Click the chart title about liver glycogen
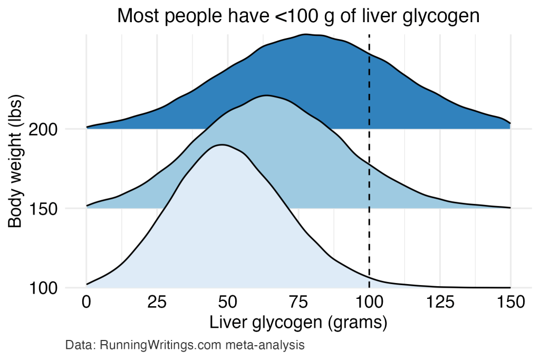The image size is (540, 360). click(x=298, y=16)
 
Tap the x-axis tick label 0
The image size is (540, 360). click(x=86, y=303)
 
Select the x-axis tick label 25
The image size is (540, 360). click(x=157, y=303)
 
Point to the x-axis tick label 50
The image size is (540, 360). click(x=228, y=303)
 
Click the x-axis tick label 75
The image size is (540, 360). click(x=298, y=303)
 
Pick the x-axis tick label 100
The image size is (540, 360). click(x=369, y=303)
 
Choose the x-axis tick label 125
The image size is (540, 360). click(x=440, y=303)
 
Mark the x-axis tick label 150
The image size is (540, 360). click(x=510, y=303)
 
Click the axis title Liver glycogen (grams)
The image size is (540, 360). click(x=298, y=323)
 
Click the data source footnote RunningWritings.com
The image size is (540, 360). click(x=185, y=346)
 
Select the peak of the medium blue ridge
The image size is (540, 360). click(x=266, y=95)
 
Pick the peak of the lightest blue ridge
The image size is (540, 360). click(x=222, y=144)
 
